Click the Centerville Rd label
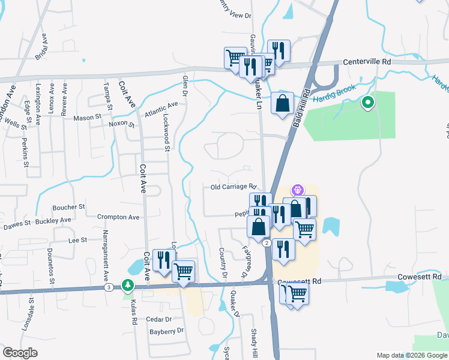point(367,62)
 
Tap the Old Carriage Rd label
point(234,187)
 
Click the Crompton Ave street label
point(118,217)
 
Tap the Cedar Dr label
point(159,319)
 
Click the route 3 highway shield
point(108,287)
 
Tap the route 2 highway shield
point(265,242)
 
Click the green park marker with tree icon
point(127,284)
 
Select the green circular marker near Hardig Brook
point(367,103)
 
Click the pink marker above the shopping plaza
point(295,191)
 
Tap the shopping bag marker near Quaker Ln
point(282,104)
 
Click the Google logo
point(20,353)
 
